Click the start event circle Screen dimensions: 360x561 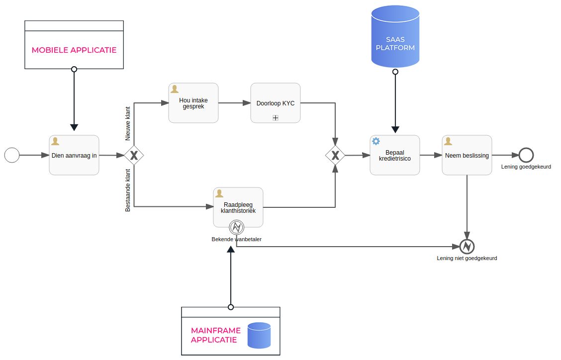pos(12,155)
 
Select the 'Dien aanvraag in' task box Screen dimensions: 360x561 pos(74,155)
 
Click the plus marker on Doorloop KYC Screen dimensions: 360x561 pos(275,118)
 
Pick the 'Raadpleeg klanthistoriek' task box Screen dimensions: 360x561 pos(238,207)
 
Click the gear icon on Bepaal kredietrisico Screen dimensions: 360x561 pos(376,141)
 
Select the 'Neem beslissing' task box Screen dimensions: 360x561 pos(467,155)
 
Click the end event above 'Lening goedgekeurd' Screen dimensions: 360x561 pos(526,155)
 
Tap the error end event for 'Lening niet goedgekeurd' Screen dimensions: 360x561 pos(467,246)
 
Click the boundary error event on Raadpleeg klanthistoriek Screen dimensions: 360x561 pos(236,227)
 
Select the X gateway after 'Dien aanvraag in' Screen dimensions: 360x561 pos(134,156)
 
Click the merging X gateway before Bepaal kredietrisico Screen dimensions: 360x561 pos(335,156)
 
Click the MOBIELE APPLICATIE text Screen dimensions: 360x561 pos(74,50)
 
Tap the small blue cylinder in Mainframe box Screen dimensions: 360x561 pos(259,335)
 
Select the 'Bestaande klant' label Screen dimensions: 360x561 pos(128,190)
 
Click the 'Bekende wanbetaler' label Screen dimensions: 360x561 pos(236,239)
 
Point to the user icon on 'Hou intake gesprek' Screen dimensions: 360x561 pos(175,89)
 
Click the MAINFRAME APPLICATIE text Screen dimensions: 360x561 pos(215,335)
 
